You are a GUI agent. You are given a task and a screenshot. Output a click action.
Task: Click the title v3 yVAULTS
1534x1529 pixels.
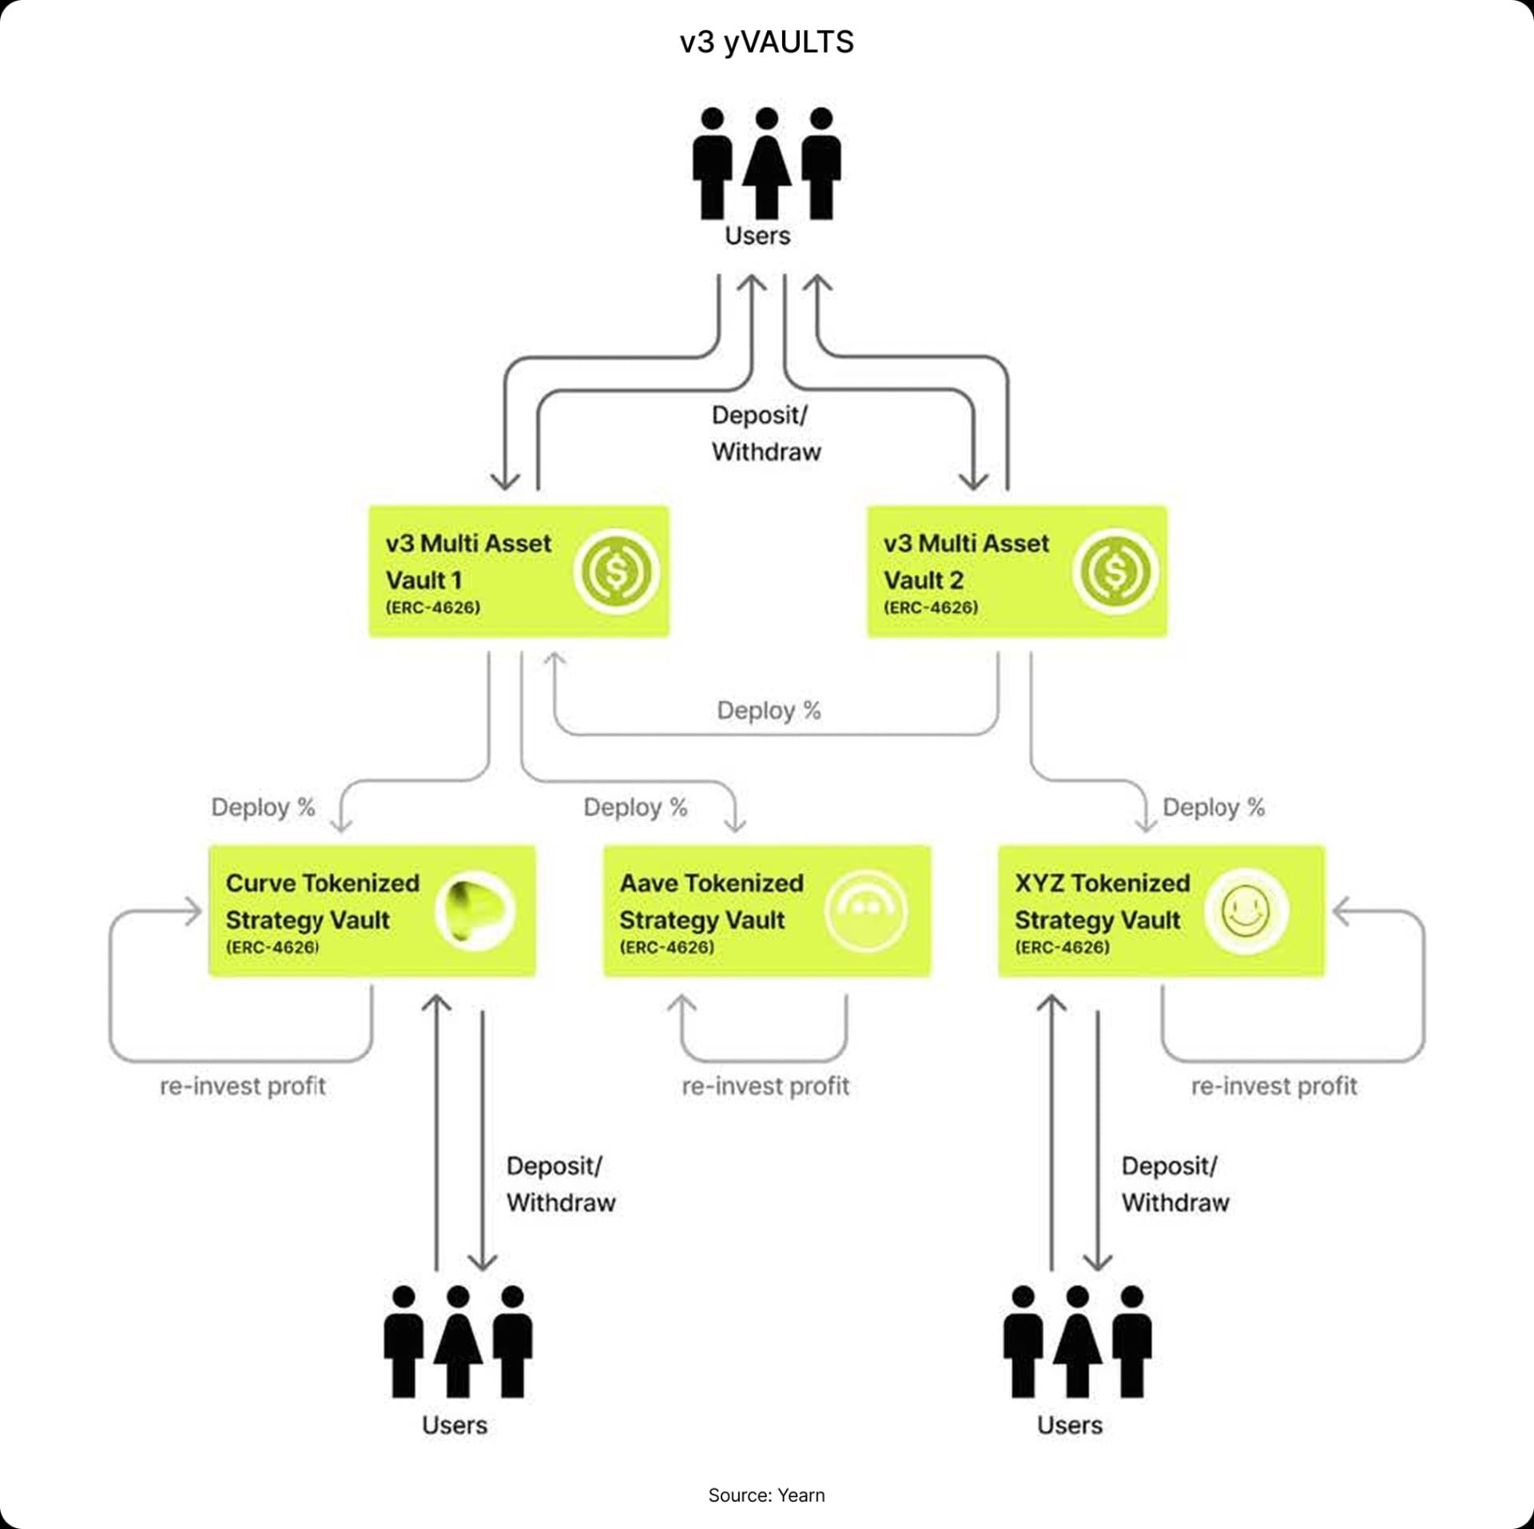click(766, 42)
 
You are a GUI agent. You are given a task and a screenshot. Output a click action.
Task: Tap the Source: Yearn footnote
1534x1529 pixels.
click(766, 1495)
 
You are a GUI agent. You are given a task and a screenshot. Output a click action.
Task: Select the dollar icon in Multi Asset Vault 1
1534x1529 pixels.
click(616, 571)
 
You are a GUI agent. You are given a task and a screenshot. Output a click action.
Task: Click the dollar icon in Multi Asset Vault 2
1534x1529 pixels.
click(1115, 571)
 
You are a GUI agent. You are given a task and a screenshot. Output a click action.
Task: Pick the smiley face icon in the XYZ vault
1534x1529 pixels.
click(1246, 911)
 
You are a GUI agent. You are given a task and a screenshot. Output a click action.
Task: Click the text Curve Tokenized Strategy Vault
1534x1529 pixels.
click(322, 901)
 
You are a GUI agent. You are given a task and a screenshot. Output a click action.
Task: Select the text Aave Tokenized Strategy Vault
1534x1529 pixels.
click(711, 901)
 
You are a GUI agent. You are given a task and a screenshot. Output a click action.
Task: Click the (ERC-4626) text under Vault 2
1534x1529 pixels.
click(931, 607)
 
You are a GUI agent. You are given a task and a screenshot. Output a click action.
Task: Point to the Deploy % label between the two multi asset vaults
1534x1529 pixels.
click(769, 711)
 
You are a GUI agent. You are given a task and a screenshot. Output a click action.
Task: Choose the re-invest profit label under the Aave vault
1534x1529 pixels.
click(765, 1086)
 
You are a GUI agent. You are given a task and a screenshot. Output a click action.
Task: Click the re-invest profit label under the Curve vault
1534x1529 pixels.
click(243, 1086)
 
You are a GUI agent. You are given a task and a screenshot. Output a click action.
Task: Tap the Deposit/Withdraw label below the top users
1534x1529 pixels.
click(765, 433)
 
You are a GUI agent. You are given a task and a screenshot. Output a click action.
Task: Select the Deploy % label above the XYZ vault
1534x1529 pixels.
click(1214, 807)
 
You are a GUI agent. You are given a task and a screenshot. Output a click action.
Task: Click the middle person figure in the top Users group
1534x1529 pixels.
click(766, 164)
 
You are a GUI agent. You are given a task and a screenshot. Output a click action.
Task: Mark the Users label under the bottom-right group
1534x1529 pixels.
click(1069, 1425)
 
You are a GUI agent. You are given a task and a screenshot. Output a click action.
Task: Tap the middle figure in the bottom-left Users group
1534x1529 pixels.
click(458, 1342)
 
